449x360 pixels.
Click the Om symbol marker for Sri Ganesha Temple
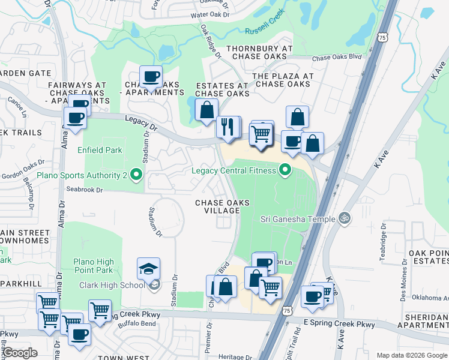345,218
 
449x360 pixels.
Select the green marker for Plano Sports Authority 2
136,175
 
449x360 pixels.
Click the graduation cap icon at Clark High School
148,269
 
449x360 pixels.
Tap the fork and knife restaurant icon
227,127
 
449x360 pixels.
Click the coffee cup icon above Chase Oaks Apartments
151,76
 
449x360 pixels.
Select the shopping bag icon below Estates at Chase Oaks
206,110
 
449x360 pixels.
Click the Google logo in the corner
20,353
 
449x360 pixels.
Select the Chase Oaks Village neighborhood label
222,207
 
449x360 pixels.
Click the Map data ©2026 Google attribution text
411,355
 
